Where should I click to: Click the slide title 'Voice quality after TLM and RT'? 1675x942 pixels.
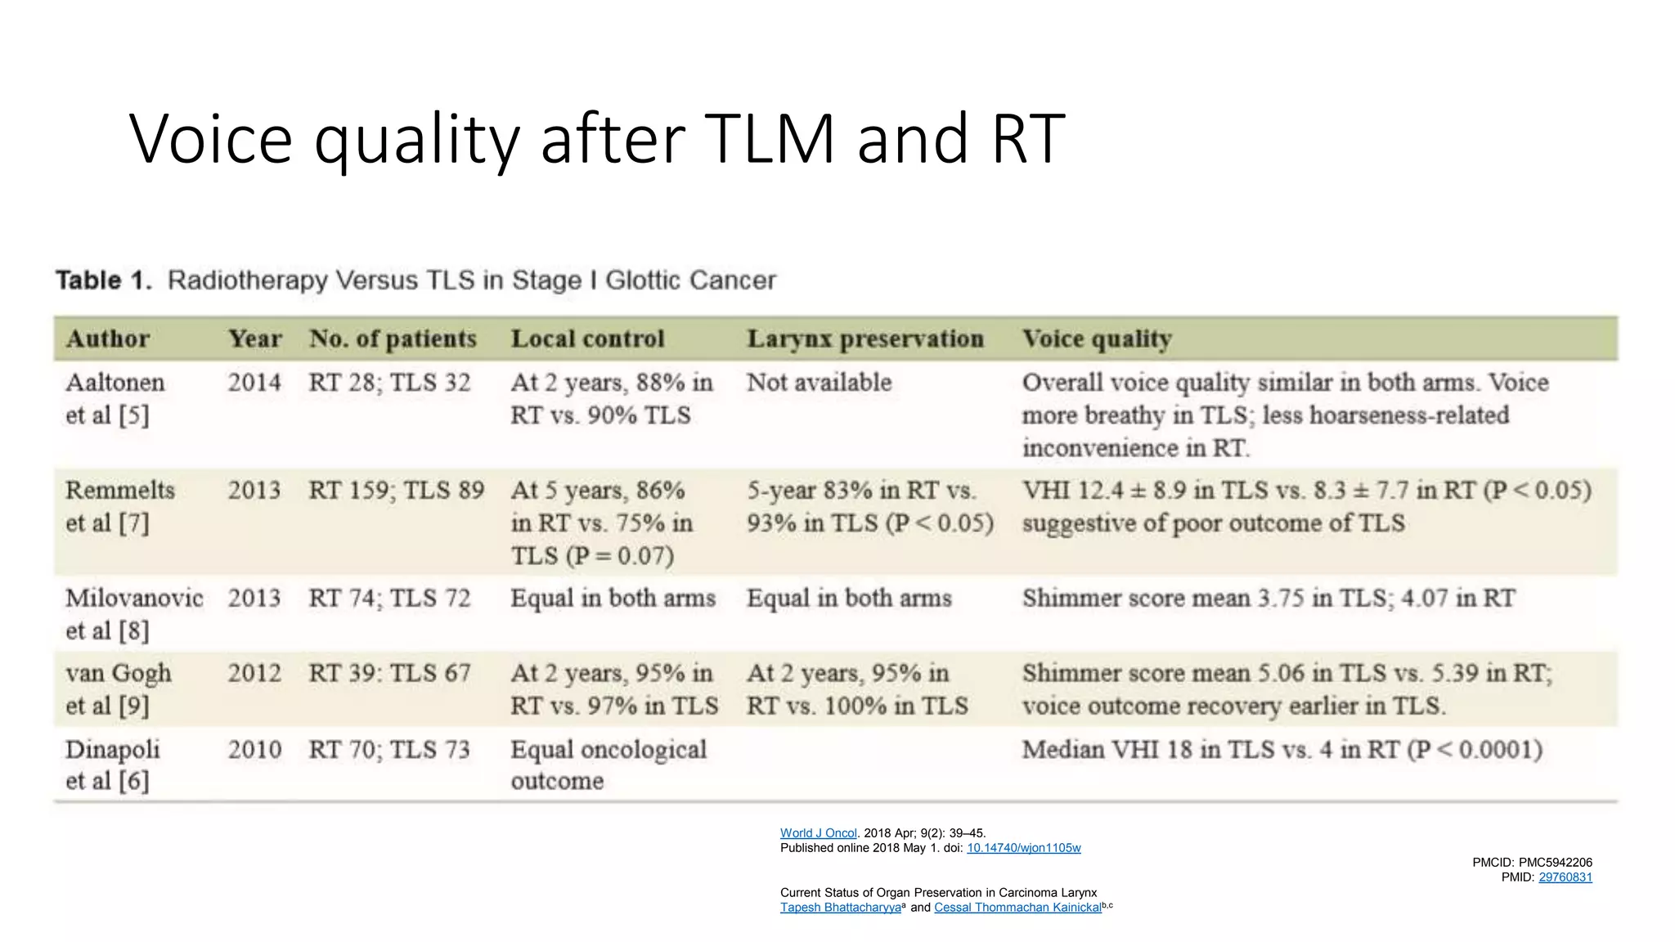point(597,139)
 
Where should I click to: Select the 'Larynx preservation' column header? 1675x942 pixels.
point(864,339)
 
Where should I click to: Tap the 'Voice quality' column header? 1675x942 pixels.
point(1097,339)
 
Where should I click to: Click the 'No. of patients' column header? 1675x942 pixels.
point(393,339)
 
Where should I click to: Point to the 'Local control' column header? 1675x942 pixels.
point(587,339)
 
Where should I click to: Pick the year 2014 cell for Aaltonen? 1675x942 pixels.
point(254,383)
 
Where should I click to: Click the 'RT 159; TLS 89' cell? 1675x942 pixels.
point(396,491)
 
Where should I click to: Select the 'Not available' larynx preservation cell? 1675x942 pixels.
point(819,383)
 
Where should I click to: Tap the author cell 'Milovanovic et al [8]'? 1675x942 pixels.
point(134,614)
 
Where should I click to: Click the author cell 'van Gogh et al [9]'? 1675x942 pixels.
point(119,689)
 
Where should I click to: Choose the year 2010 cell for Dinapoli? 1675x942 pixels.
point(254,749)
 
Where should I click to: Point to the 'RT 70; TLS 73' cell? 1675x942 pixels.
point(389,749)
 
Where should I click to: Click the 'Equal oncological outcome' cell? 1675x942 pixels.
point(608,765)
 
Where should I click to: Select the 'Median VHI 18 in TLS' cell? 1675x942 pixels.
point(1282,749)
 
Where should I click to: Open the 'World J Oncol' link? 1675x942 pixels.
point(818,833)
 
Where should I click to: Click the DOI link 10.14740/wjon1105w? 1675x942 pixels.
point(1023,848)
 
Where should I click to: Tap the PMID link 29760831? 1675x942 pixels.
point(1565,877)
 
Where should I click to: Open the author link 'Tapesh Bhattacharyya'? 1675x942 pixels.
point(840,908)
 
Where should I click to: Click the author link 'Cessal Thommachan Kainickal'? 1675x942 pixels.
point(1017,908)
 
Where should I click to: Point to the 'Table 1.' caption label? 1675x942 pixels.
point(104,280)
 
